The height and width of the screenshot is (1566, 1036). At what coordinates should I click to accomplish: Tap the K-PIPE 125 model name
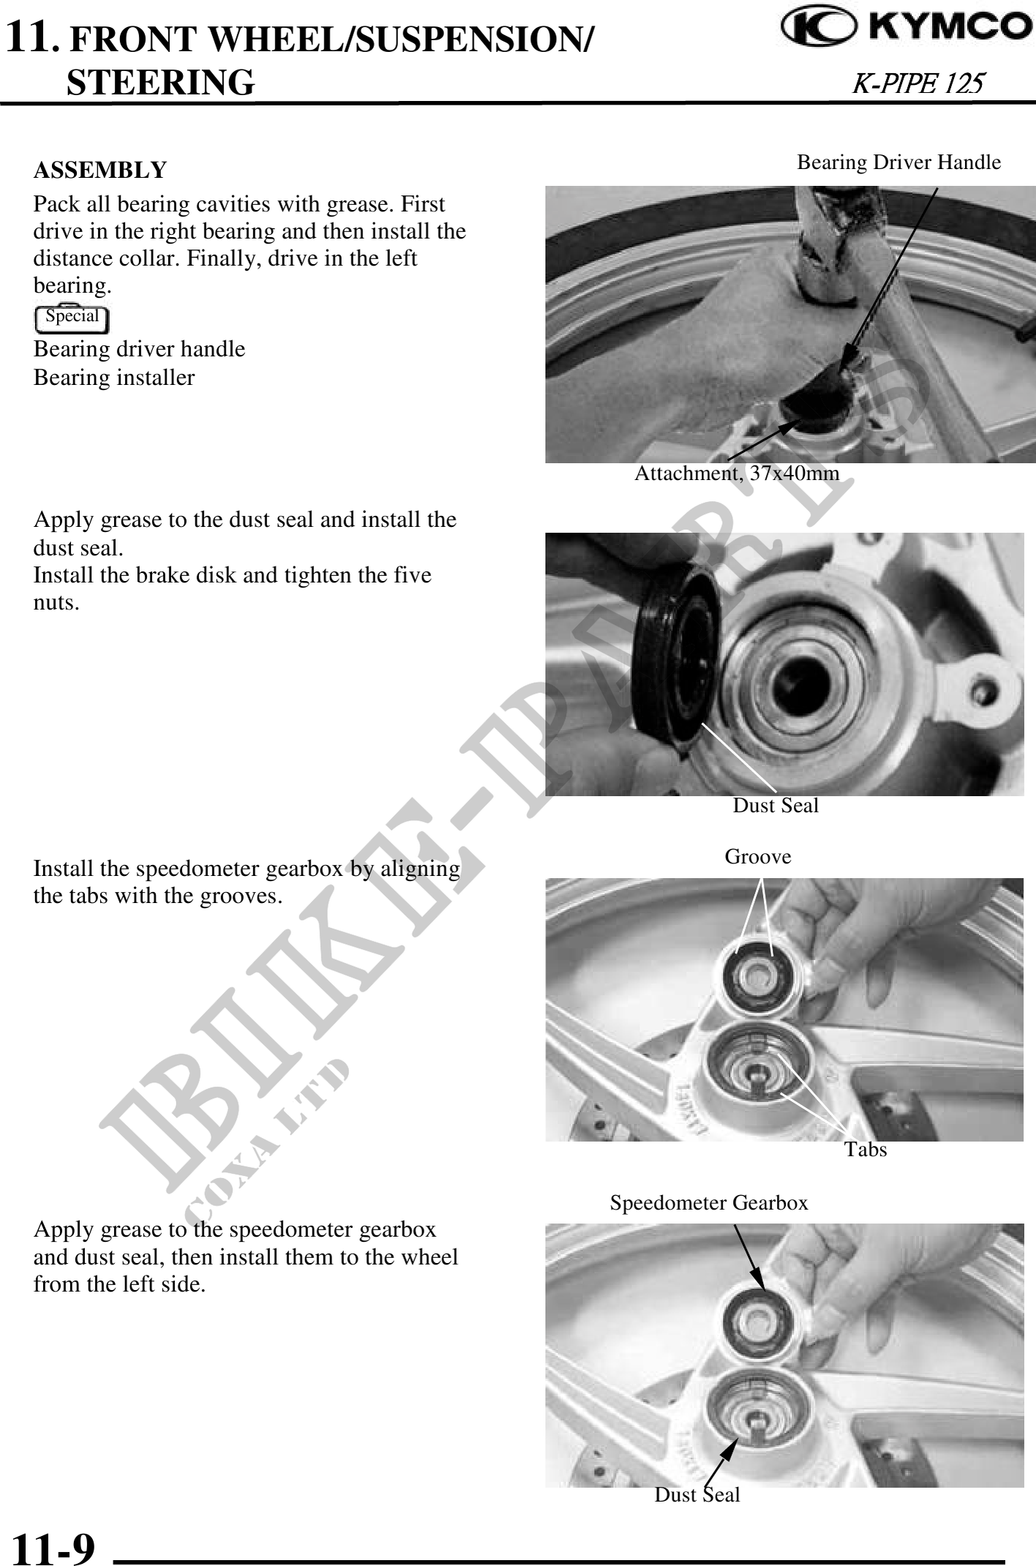(918, 83)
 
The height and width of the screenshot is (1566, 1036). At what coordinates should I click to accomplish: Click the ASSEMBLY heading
(100, 170)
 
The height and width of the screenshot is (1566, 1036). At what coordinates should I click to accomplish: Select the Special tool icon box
(72, 318)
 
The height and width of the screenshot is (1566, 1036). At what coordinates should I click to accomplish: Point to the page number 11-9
(54, 1546)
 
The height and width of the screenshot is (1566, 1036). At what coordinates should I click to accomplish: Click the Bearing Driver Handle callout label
(898, 162)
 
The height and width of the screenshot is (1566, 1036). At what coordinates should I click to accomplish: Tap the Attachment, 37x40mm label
(737, 473)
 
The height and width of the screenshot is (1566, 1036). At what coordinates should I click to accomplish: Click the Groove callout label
(758, 856)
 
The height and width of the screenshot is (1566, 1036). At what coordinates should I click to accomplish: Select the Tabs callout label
(866, 1149)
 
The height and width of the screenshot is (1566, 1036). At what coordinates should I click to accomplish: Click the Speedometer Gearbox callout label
(709, 1202)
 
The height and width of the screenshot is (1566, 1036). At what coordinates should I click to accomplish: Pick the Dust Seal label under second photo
(776, 805)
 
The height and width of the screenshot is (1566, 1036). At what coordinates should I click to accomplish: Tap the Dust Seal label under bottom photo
(697, 1494)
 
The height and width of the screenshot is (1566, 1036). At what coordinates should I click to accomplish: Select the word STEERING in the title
(161, 82)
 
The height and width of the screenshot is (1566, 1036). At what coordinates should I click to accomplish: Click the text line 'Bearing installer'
(114, 378)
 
